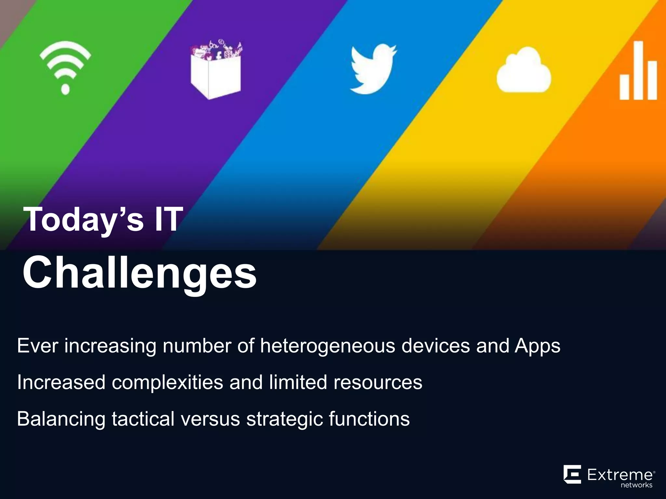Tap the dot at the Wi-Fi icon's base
point(65,89)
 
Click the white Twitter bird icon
point(373,69)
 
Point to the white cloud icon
point(524,70)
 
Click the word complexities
point(167,382)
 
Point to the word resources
point(378,382)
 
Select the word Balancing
point(61,419)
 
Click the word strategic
point(284,419)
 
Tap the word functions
point(369,419)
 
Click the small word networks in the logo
point(636,485)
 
